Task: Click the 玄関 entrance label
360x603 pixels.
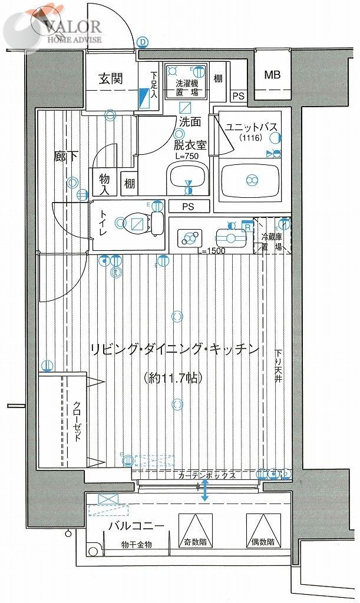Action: click(x=110, y=78)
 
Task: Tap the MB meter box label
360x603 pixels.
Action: click(x=272, y=75)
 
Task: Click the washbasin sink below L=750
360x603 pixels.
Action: click(x=187, y=180)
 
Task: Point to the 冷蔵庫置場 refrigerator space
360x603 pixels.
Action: click(x=272, y=241)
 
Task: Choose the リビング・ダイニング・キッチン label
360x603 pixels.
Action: click(x=175, y=349)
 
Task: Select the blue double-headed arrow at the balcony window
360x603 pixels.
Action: click(x=204, y=491)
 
